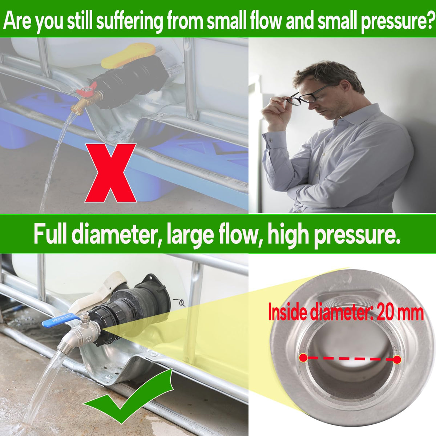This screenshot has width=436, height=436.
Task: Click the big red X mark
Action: coord(111,173)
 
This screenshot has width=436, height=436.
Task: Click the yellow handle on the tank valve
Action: coord(128,56)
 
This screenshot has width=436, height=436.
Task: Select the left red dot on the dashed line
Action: coord(303,358)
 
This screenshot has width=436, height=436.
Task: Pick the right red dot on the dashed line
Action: coord(397,360)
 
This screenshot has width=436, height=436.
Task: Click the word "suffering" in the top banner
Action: coord(129,22)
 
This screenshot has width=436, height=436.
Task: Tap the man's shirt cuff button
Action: coord(271,140)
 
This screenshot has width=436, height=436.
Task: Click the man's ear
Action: coord(344,87)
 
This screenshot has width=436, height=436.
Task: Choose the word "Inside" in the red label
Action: coord(287,313)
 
